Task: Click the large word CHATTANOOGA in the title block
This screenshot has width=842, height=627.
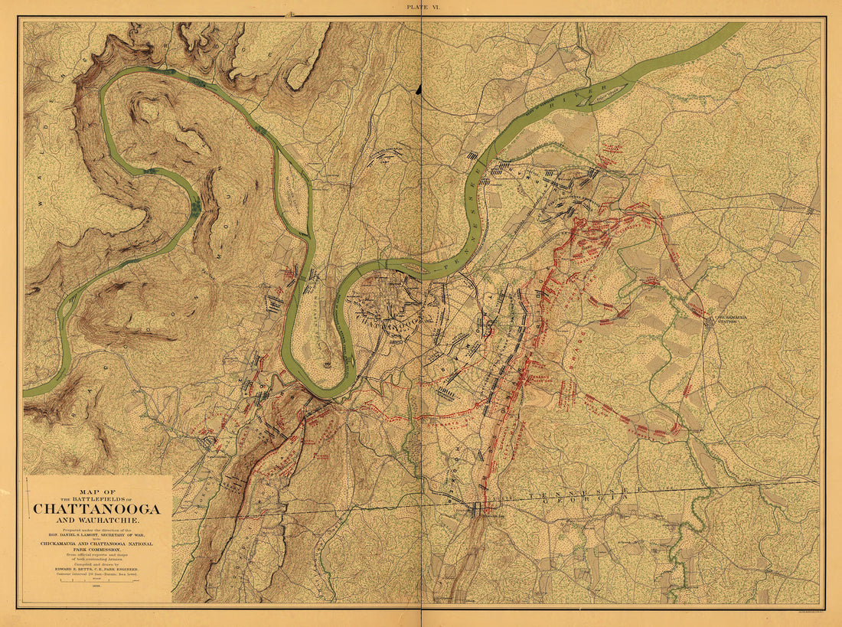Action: coord(96,508)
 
